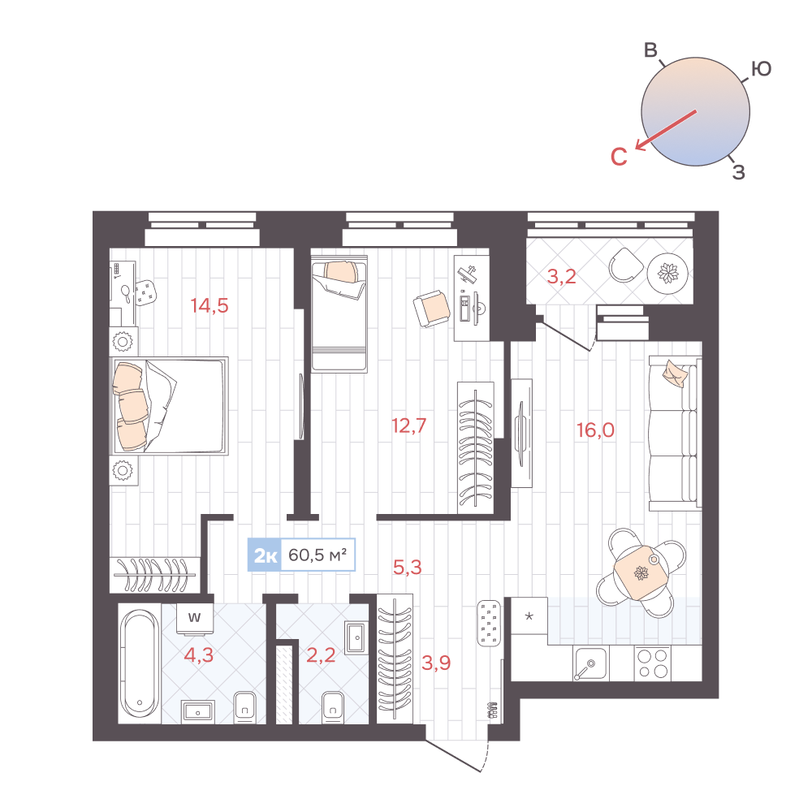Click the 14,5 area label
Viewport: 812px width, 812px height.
209,306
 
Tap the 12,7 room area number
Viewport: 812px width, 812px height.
408,425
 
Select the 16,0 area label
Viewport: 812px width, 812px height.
595,430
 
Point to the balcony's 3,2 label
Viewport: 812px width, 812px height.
561,277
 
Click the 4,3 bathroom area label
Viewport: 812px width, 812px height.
198,655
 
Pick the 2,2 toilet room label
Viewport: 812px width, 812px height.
321,655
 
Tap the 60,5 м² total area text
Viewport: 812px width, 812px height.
318,556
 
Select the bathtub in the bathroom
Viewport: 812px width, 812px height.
139,663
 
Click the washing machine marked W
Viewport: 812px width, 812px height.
195,617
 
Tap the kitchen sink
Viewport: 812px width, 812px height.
590,665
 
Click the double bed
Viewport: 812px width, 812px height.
169,406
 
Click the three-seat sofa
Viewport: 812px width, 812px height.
674,433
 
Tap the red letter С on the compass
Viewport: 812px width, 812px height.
619,158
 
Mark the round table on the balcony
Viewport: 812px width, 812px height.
670,274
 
